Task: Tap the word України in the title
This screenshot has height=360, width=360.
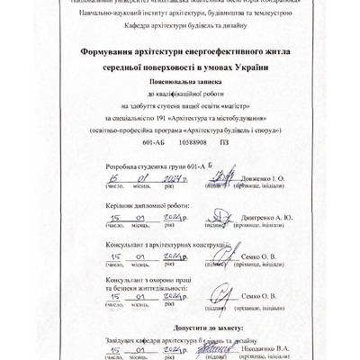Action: (x=250, y=69)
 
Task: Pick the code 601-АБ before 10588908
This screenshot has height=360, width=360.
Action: (x=155, y=142)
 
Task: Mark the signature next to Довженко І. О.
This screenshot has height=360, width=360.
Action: (x=218, y=177)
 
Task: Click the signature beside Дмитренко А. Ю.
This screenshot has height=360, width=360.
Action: (x=218, y=217)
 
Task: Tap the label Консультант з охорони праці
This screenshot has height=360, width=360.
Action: (x=147, y=281)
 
